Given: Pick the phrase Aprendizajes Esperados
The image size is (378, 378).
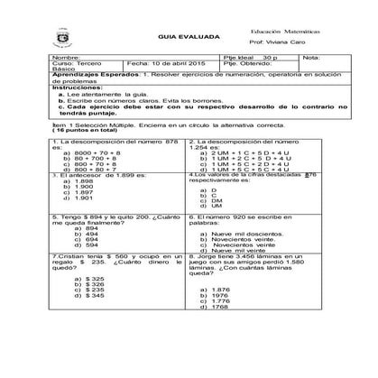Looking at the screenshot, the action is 88,75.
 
